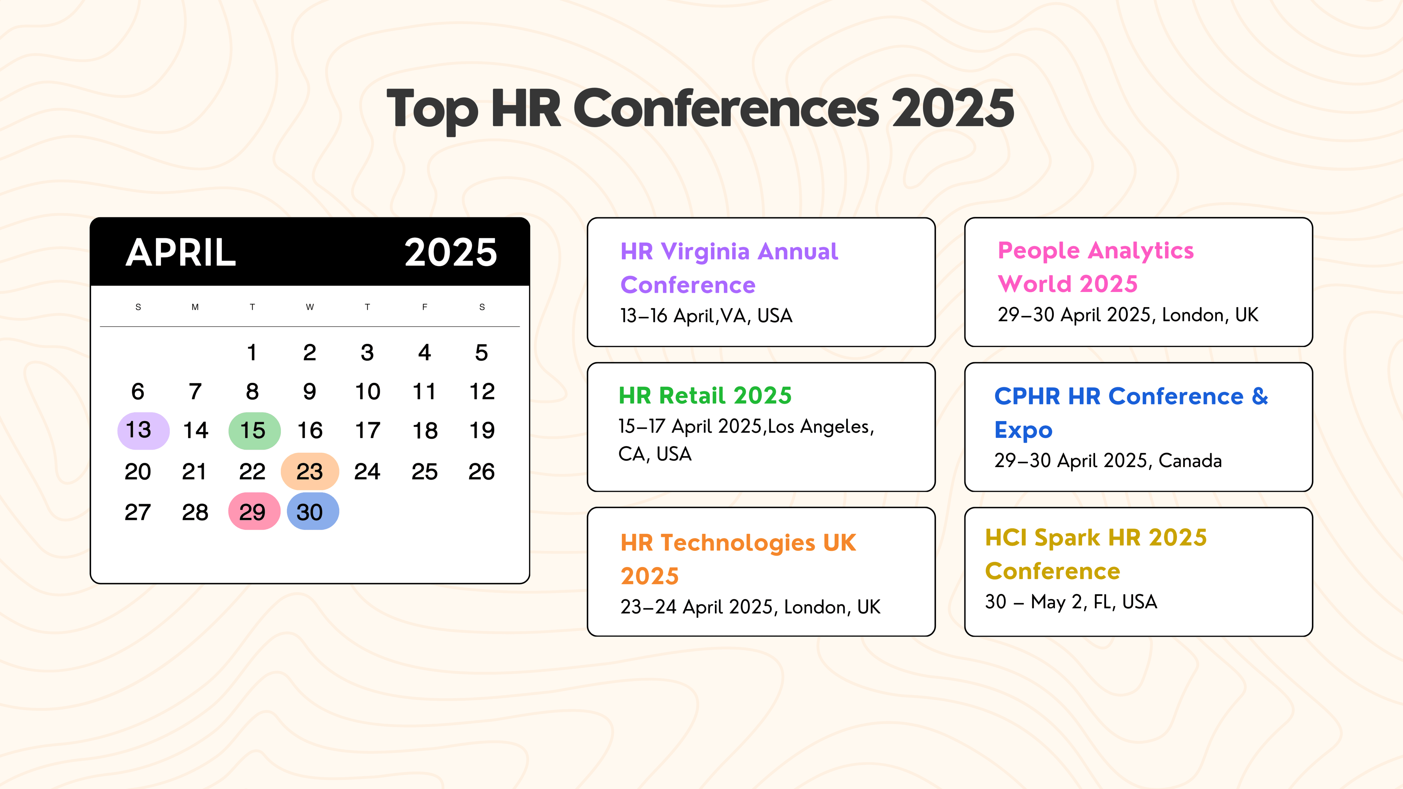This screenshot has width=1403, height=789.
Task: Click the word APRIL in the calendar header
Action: point(181,253)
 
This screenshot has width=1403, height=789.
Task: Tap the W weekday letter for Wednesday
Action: point(309,307)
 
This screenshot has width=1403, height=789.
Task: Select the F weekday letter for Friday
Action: point(424,307)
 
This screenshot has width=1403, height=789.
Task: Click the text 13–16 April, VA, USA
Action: point(706,316)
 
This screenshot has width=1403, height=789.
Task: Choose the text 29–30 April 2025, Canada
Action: point(1108,461)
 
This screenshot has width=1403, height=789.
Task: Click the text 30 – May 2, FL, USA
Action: point(1071,602)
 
